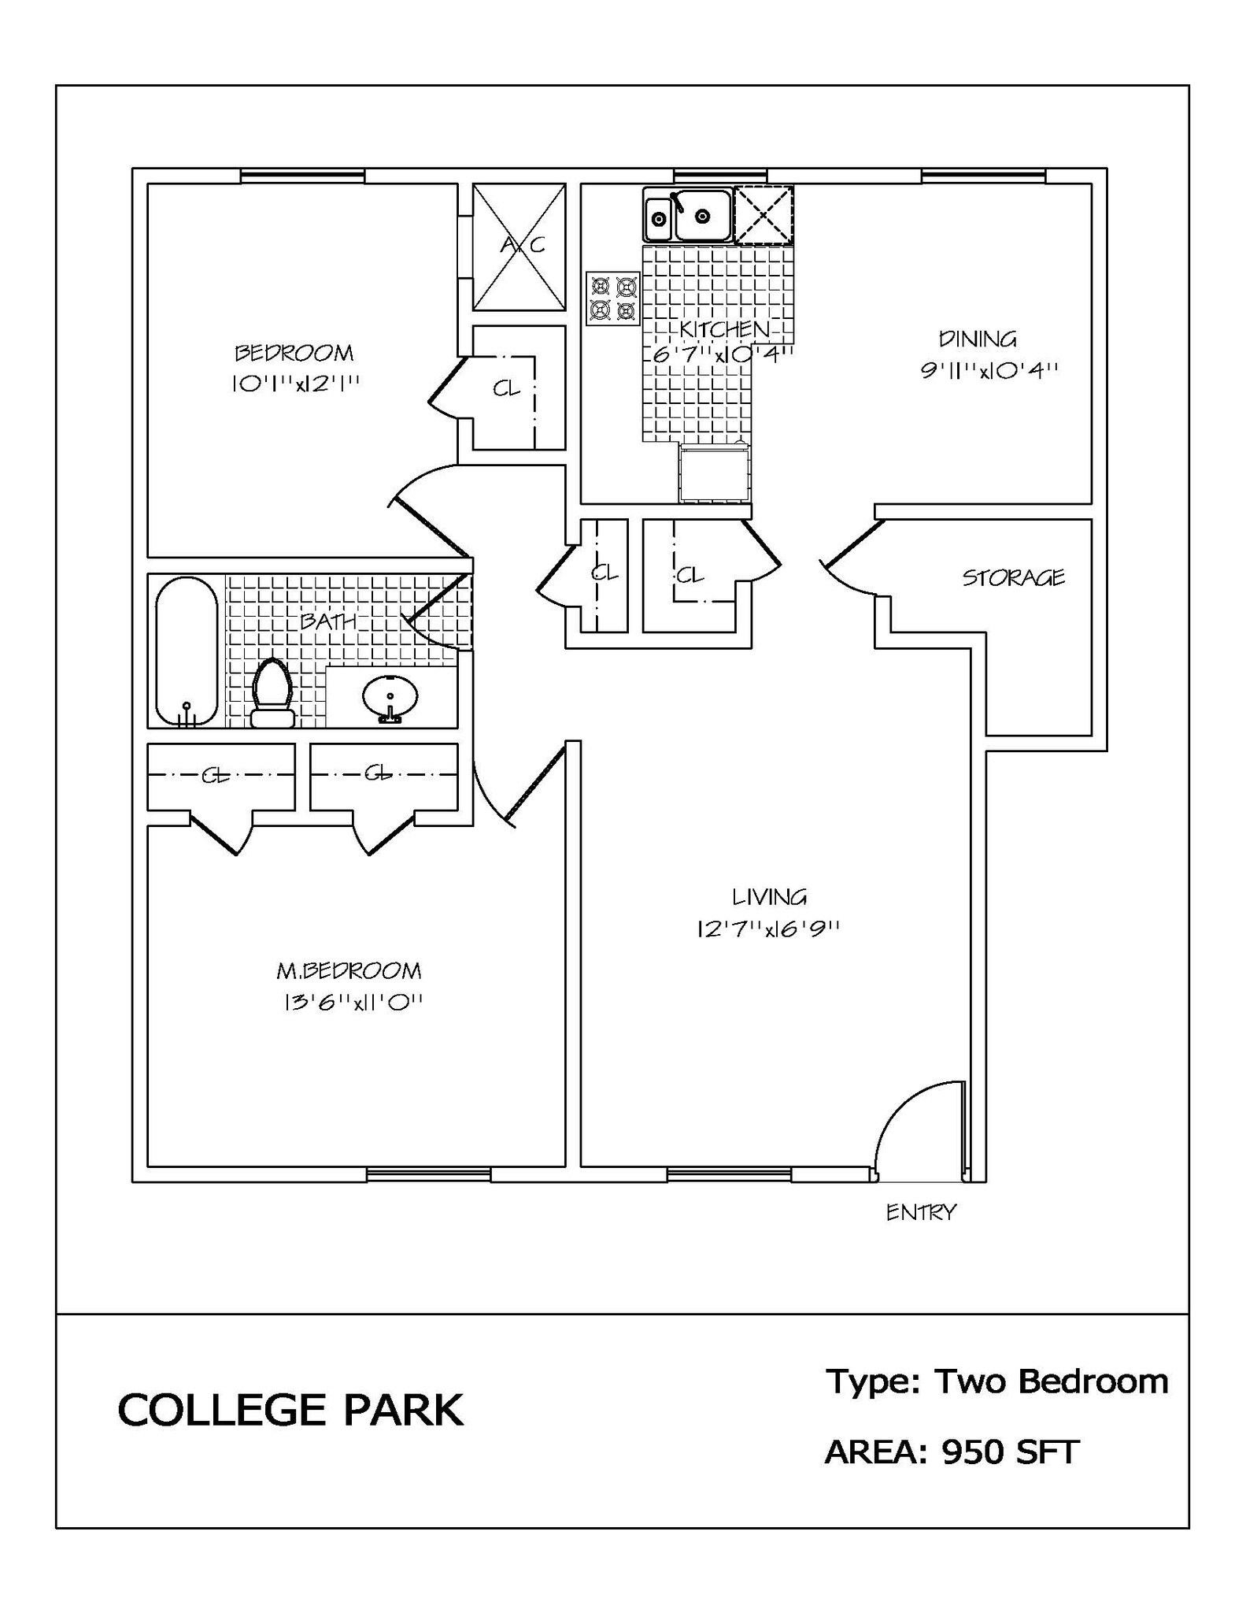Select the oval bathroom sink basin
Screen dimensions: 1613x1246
pyautogui.click(x=390, y=695)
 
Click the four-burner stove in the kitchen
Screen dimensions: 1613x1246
pyautogui.click(x=613, y=299)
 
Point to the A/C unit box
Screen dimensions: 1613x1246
pyautogui.click(x=519, y=247)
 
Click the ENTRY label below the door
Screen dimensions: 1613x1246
pyautogui.click(x=920, y=1212)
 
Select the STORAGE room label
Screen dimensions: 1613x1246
pyautogui.click(x=1013, y=578)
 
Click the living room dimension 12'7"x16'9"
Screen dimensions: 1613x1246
pyautogui.click(x=768, y=929)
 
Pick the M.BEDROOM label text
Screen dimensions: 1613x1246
pyautogui.click(x=348, y=970)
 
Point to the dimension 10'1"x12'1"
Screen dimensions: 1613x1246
pyautogui.click(x=295, y=384)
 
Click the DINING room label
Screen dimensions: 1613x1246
pyautogui.click(x=978, y=339)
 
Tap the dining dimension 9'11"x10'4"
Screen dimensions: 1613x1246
pyautogui.click(x=989, y=370)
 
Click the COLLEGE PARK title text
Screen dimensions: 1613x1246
pyautogui.click(x=290, y=1410)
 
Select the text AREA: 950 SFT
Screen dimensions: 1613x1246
pyautogui.click(x=952, y=1452)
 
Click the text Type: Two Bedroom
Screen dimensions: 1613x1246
pyautogui.click(x=996, y=1381)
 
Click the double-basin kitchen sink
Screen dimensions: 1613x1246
pyautogui.click(x=688, y=214)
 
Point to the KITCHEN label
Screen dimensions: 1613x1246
pyautogui.click(x=724, y=329)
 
